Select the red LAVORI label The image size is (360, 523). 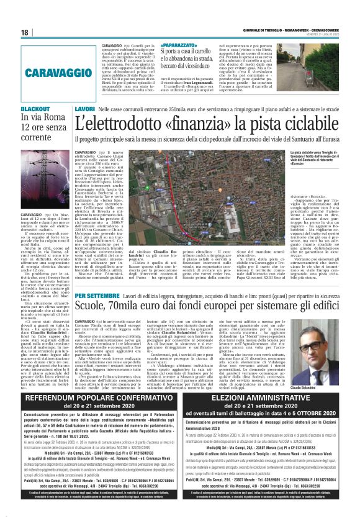(84, 109)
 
